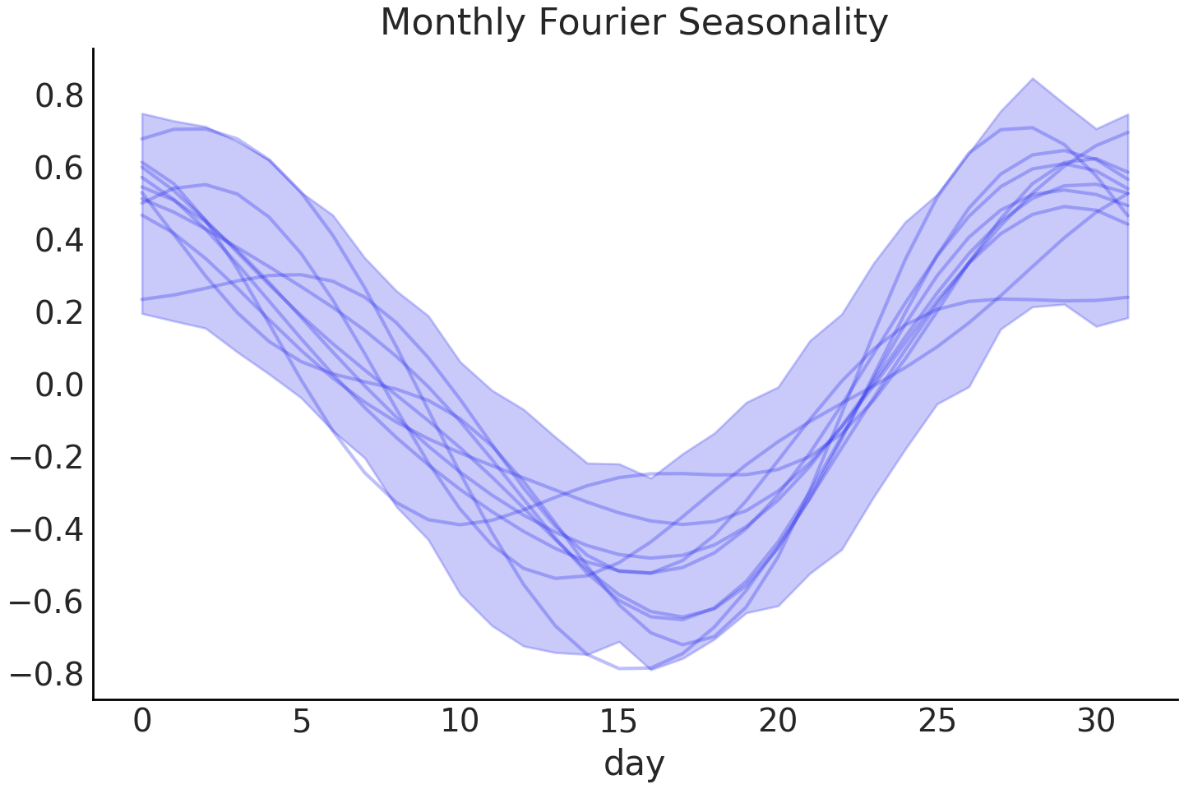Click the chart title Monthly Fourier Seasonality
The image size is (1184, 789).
pyautogui.click(x=634, y=22)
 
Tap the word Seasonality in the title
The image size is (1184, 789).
pyautogui.click(x=783, y=22)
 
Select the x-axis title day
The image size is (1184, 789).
pyautogui.click(x=634, y=764)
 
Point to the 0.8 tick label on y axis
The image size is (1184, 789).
pyautogui.click(x=59, y=96)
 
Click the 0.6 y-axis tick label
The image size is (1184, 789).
pyautogui.click(x=59, y=168)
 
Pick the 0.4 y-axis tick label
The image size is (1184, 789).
pyautogui.click(x=59, y=241)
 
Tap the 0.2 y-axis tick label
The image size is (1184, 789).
pyautogui.click(x=59, y=313)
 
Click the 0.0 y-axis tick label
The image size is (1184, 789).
pyautogui.click(x=59, y=385)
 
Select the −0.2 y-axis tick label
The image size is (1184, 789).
pyautogui.click(x=48, y=458)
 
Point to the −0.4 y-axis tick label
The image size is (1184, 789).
pyautogui.click(x=48, y=530)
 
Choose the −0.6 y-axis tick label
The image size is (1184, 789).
pyautogui.click(x=48, y=602)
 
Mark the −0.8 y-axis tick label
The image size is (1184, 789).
pyautogui.click(x=48, y=675)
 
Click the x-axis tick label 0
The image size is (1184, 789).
pyautogui.click(x=142, y=722)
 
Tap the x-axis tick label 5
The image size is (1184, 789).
pyautogui.click(x=301, y=722)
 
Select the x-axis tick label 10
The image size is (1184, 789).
pyautogui.click(x=460, y=722)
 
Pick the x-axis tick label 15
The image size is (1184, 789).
pyautogui.click(x=618, y=722)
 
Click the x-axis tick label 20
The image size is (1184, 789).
pyautogui.click(x=778, y=722)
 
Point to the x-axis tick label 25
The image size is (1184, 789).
pyautogui.click(x=937, y=722)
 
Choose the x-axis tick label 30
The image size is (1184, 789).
pyautogui.click(x=1095, y=722)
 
